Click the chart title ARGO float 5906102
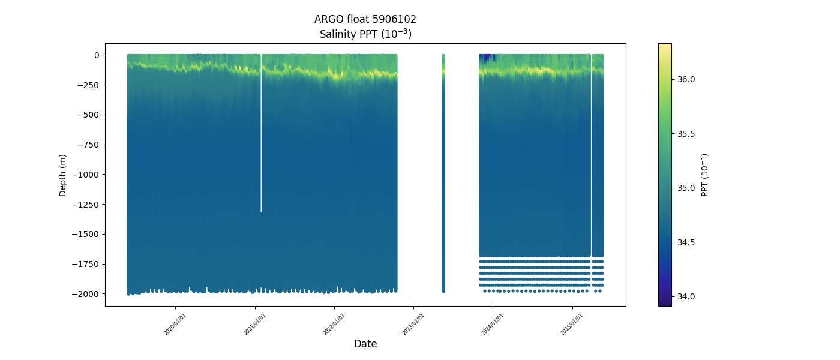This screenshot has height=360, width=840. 365,19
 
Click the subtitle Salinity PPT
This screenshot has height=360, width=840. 365,34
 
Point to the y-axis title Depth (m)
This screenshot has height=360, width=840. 63,175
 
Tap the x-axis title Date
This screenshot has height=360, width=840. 365,344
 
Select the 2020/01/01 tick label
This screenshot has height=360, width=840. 175,324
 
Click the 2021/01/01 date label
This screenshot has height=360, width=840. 255,324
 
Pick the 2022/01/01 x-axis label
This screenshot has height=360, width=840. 334,324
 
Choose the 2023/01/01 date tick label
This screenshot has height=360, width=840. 413,324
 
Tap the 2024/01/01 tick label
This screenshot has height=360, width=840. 493,324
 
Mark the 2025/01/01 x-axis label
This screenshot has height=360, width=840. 572,324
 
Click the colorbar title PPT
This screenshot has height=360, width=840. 705,175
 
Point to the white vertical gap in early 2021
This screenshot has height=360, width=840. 261,150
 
